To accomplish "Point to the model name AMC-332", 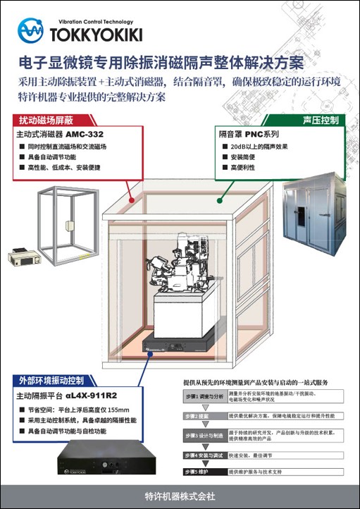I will tap(87, 133).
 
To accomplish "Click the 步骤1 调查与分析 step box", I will tap(204, 397).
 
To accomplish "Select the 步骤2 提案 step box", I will tap(204, 417).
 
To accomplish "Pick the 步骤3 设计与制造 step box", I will tap(204, 436).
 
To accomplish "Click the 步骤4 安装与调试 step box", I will tap(204, 455).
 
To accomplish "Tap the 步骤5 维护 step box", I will tap(204, 471).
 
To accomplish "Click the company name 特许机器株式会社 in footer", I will tap(180, 496).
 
